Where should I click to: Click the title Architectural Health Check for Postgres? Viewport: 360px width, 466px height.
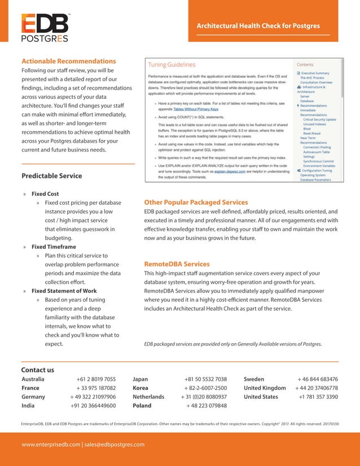pyautogui.click(x=258, y=26)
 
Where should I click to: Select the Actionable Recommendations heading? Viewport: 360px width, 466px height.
pyautogui.click(x=68, y=61)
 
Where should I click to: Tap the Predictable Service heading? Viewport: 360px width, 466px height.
pyautogui.click(x=51, y=176)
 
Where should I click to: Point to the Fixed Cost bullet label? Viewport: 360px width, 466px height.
pyautogui.click(x=45, y=194)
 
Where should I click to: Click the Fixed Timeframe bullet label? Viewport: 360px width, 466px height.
pyautogui.click(x=54, y=247)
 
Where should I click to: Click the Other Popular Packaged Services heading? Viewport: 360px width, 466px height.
pyautogui.click(x=196, y=202)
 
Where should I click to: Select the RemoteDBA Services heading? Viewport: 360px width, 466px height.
pyautogui.click(x=177, y=264)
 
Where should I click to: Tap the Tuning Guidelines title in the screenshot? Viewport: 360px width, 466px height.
pyautogui.click(x=172, y=65)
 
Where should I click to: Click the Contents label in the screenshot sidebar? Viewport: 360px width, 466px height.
pyautogui.click(x=305, y=65)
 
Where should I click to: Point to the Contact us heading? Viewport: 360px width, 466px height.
pyautogui.click(x=37, y=370)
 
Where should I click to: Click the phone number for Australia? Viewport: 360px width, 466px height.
pyautogui.click(x=96, y=380)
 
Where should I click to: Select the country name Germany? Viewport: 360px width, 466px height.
pyautogui.click(x=33, y=397)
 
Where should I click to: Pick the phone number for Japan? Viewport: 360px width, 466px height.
pyautogui.click(x=205, y=380)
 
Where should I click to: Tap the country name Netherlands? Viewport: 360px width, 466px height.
pyautogui.click(x=148, y=397)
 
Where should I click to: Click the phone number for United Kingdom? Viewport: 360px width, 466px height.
pyautogui.click(x=316, y=388)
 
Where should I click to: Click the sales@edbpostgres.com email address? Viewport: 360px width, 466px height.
pyautogui.click(x=115, y=445)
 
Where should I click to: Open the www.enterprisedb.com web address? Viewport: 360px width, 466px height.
pyautogui.click(x=51, y=445)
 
